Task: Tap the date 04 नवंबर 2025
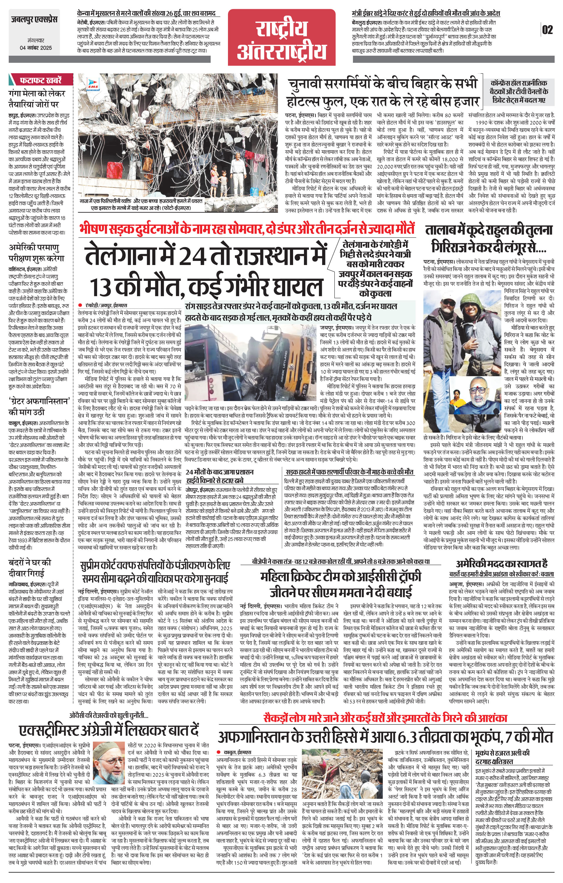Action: (x=36, y=48)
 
